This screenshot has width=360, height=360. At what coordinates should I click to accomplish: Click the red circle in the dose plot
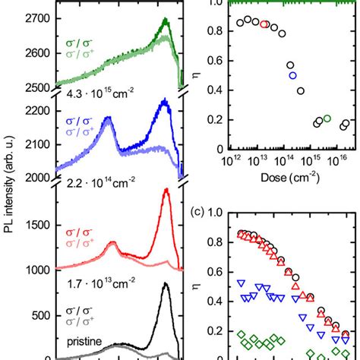tap(264, 24)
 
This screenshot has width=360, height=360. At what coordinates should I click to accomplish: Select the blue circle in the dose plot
tap(292, 75)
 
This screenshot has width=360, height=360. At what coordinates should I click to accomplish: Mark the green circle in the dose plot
tap(327, 118)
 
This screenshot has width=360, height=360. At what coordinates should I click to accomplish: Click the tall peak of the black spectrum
tap(166, 284)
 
